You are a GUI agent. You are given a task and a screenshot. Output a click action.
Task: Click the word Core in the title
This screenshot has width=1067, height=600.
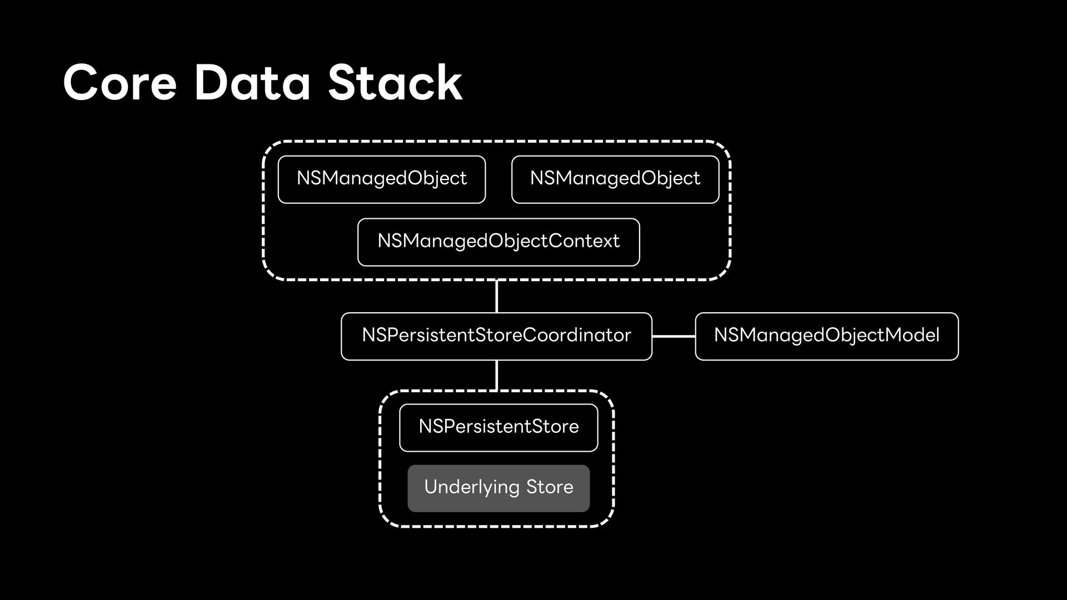(120, 83)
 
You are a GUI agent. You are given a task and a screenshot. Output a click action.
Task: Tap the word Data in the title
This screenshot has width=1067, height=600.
(252, 83)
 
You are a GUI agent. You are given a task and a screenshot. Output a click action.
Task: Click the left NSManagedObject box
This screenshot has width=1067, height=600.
(382, 179)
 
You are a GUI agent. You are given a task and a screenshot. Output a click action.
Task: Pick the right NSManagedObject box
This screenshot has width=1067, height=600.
(615, 179)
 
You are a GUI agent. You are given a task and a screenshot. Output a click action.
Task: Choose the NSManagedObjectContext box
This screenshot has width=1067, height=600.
(498, 242)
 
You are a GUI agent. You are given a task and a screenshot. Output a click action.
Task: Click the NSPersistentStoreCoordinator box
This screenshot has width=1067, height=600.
(496, 336)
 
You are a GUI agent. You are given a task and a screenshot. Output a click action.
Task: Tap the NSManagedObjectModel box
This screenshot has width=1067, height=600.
(827, 336)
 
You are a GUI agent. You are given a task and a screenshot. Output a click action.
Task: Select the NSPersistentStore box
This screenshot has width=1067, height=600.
(498, 428)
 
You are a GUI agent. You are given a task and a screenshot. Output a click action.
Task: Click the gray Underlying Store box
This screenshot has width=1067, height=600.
(498, 488)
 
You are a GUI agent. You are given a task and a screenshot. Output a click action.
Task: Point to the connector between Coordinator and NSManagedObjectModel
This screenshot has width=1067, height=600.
(674, 336)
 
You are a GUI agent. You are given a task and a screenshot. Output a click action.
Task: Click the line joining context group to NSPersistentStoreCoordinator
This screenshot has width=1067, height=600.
(496, 296)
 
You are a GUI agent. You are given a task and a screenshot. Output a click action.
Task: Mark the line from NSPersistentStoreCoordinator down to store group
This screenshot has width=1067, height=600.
(496, 376)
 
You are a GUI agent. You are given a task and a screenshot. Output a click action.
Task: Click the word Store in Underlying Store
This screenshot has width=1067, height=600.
(550, 487)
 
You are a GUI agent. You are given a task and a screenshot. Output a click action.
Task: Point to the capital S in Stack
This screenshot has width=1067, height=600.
(345, 83)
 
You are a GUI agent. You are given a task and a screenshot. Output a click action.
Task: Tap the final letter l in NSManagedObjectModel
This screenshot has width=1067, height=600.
(938, 334)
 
